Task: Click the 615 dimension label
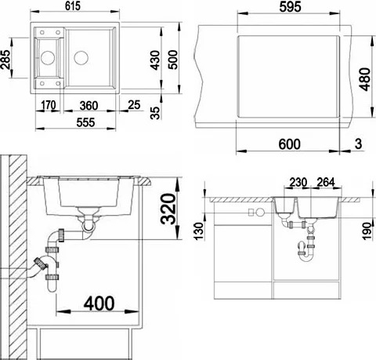tap(73, 6)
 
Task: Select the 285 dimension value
tap(5, 60)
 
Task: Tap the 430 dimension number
tap(155, 60)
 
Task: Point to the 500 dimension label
tap(172, 60)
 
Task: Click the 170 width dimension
tap(49, 105)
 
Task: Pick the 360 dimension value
tap(89, 106)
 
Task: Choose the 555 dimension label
tap(85, 122)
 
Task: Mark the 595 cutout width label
tap(290, 7)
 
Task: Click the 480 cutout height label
tap(364, 79)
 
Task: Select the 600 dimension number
tap(290, 144)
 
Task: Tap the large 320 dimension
tap(168, 209)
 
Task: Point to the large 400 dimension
tap(99, 304)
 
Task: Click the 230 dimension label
tap(298, 183)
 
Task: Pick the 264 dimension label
tap(326, 183)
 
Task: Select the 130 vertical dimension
tap(199, 231)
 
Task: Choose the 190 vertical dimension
tap(367, 231)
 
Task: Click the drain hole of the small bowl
tap(48, 57)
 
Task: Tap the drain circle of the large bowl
tap(81, 57)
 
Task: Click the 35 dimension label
tap(155, 113)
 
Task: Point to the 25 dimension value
tap(134, 105)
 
